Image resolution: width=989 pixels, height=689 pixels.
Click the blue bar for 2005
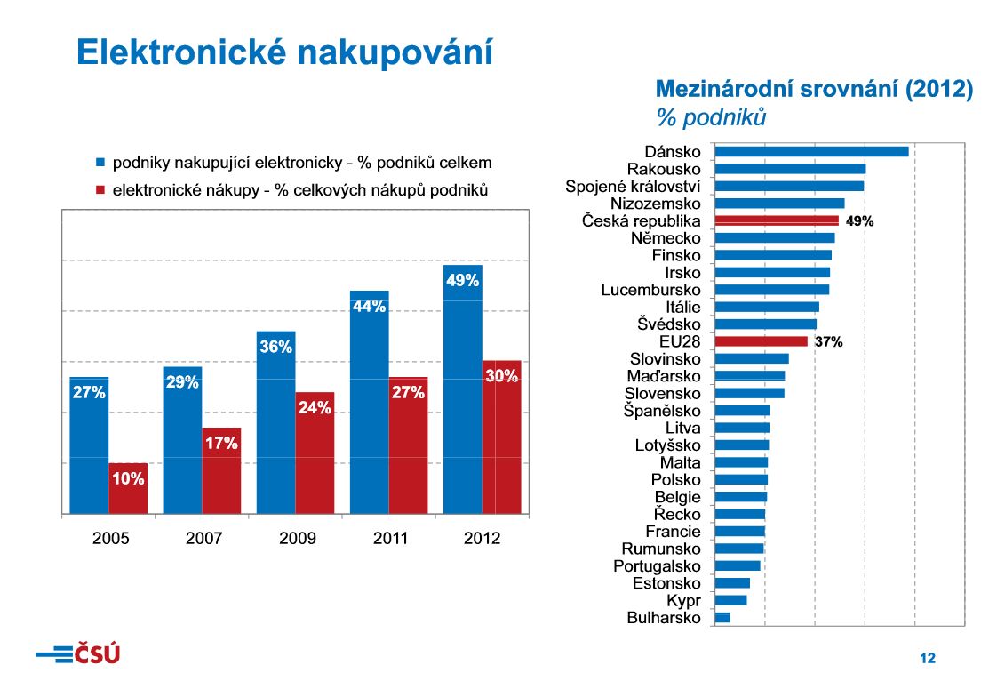pyautogui.click(x=89, y=445)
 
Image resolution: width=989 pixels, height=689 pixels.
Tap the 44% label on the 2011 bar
pyautogui.click(x=370, y=307)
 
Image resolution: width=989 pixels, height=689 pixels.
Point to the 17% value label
pyautogui.click(x=221, y=443)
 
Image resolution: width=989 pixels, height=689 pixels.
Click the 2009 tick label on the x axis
pyautogui.click(x=297, y=539)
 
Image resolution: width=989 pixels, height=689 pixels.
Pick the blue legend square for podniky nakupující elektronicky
pyautogui.click(x=100, y=164)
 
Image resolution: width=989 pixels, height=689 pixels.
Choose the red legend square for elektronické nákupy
pyautogui.click(x=100, y=189)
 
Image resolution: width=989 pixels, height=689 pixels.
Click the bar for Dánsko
pyautogui.click(x=811, y=152)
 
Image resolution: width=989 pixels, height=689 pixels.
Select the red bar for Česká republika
pyautogui.click(x=777, y=220)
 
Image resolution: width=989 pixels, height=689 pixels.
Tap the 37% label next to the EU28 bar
pyautogui.click(x=828, y=341)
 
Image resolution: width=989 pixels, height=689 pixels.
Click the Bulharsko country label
pyautogui.click(x=663, y=618)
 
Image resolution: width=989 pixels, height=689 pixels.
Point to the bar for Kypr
pyautogui.click(x=730, y=600)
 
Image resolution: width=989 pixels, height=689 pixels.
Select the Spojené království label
pyautogui.click(x=633, y=187)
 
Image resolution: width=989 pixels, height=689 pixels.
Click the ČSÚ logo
pyautogui.click(x=78, y=654)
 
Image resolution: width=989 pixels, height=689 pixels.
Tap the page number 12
pyautogui.click(x=928, y=659)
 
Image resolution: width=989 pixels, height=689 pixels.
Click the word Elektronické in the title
pyautogui.click(x=180, y=52)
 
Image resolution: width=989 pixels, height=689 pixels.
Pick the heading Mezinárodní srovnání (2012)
pyautogui.click(x=814, y=89)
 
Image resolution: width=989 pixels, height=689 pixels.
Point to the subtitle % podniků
pyautogui.click(x=711, y=116)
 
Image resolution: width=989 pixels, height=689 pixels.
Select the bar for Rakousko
pyautogui.click(x=790, y=169)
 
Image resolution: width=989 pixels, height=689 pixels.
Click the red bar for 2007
pyautogui.click(x=221, y=471)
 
